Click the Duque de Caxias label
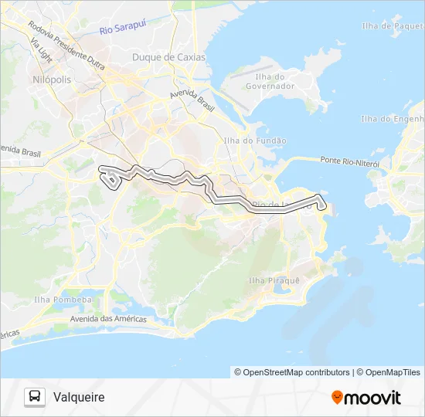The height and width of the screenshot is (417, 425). [168, 57]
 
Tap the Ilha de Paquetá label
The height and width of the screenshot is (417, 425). [392, 26]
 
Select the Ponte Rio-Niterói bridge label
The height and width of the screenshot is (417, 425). [349, 161]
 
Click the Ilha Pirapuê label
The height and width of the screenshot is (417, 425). [274, 280]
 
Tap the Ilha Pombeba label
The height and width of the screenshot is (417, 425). [63, 300]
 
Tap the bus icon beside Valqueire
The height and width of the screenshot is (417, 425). [35, 397]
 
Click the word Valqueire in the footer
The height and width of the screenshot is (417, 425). [79, 397]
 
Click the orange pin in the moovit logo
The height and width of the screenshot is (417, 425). [337, 397]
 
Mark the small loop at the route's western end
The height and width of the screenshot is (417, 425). [112, 180]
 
